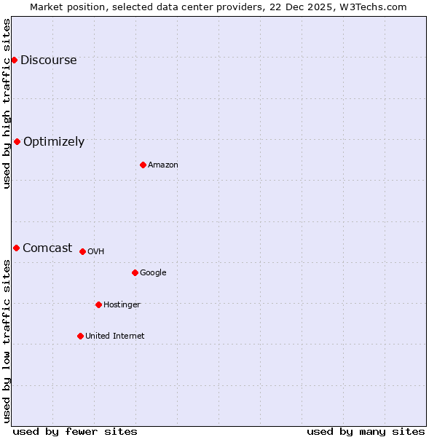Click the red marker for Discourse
14,60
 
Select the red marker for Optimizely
17,141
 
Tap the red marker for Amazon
143,165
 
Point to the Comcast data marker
16,248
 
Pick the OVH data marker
82,251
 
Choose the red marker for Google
135,272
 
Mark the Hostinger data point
98,304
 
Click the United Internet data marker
80,336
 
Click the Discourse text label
48,60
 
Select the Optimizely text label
54,142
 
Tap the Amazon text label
163,165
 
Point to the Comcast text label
47,248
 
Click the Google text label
153,273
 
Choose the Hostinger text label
122,305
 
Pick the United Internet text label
115,336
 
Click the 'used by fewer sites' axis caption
75,431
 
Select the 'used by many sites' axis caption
366,431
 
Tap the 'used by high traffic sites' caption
7,103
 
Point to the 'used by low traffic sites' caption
7,341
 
